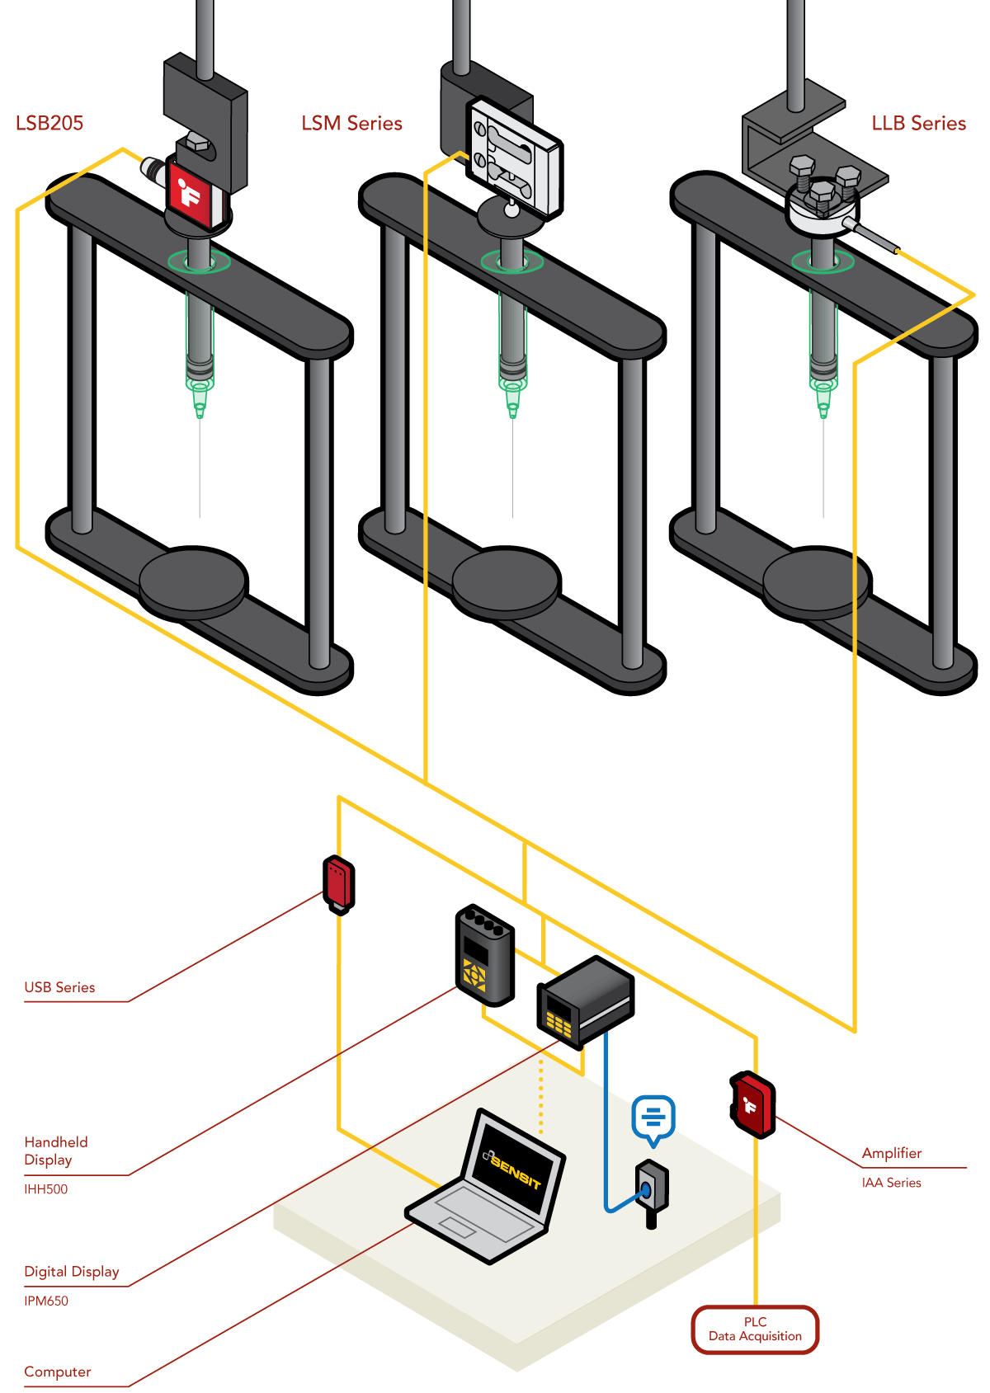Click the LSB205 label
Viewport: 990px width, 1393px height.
pos(49,123)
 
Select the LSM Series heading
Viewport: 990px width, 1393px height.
pos(351,123)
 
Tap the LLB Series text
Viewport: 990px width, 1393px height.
pos(918,123)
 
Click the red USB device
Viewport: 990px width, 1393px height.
pos(338,883)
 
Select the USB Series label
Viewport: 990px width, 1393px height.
pos(59,987)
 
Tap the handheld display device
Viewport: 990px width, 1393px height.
pos(485,955)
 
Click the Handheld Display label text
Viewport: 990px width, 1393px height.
pos(55,1151)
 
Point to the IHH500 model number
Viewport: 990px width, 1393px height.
pos(46,1189)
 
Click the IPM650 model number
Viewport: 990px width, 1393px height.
pos(46,1301)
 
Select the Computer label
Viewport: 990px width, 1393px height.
pos(58,1372)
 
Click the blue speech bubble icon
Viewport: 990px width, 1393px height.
pos(653,1118)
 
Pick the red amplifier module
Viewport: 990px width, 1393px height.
pos(753,1104)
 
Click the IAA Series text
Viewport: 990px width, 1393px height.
pos(891,1183)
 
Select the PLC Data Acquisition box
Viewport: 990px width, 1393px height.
pos(755,1329)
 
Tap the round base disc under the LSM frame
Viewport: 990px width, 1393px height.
pos(507,581)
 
